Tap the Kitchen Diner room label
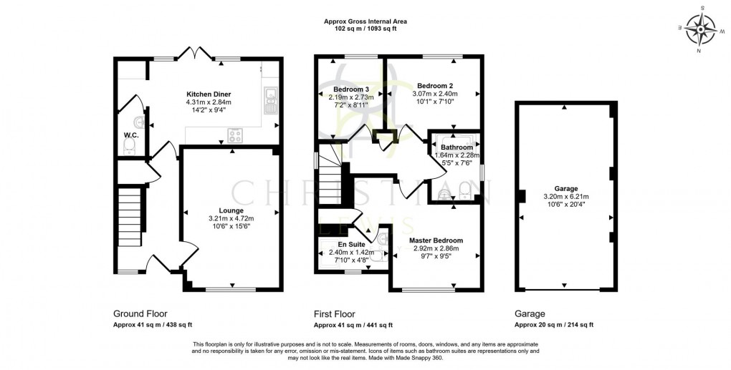209,94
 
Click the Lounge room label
231,210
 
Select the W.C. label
130,135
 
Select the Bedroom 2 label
432,85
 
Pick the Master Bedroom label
436,240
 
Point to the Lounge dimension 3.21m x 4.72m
231,218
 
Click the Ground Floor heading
140,313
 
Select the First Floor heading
335,313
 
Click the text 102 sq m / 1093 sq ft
365,29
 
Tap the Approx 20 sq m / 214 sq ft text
553,325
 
